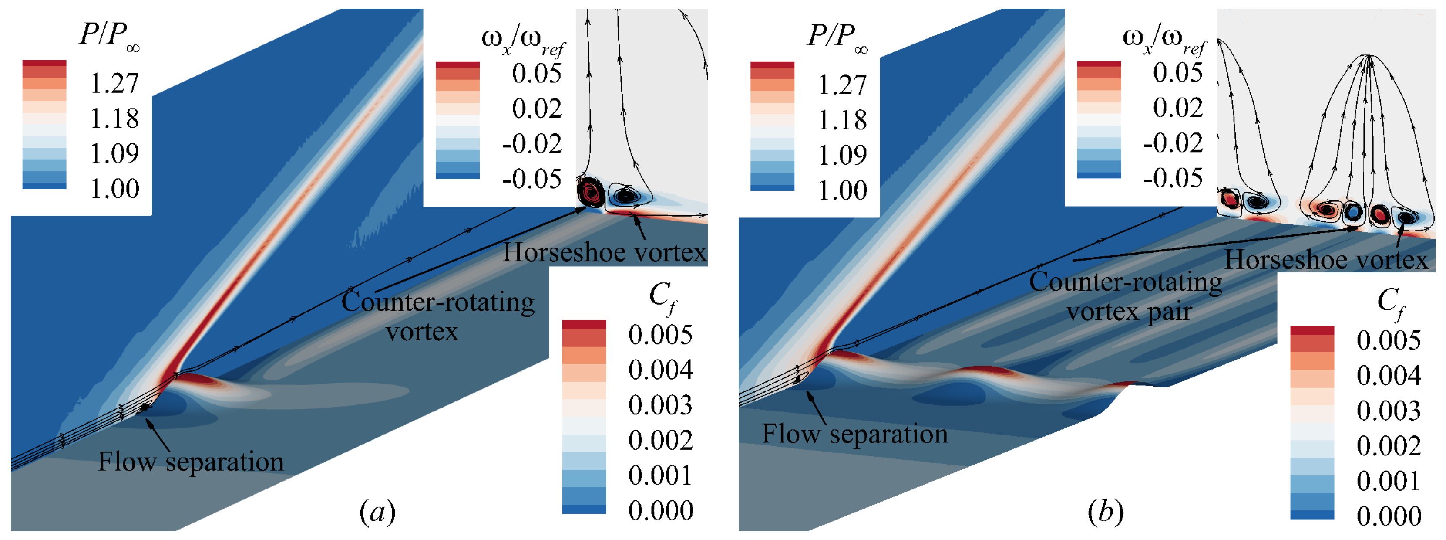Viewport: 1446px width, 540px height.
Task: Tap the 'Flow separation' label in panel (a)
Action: (x=191, y=462)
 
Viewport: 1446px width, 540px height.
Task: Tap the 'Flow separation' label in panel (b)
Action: (x=854, y=434)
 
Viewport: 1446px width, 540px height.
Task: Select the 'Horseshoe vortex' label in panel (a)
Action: (x=604, y=252)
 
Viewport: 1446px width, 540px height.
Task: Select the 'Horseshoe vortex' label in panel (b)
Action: (x=1326, y=260)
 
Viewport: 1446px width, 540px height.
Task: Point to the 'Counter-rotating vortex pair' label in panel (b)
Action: (x=1126, y=296)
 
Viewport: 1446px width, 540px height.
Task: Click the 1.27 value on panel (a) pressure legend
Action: (x=114, y=84)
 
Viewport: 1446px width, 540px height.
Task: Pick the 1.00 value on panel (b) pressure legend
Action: (x=842, y=190)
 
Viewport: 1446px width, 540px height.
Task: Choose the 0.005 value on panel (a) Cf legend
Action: (x=660, y=335)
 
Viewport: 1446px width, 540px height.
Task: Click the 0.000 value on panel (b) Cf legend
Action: (x=1389, y=516)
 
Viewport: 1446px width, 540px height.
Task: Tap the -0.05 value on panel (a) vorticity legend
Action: (x=531, y=179)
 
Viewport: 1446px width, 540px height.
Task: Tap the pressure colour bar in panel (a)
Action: (x=44, y=124)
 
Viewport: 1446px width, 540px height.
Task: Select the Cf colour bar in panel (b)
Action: (x=1312, y=422)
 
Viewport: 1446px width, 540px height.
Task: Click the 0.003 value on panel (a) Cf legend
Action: (x=660, y=405)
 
